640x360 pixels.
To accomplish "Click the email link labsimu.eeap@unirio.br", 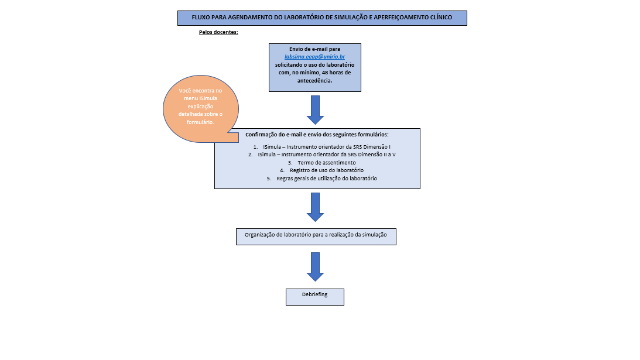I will [314, 57].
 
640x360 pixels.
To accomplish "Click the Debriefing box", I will [314, 294].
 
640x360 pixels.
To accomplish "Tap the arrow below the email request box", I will [315, 109].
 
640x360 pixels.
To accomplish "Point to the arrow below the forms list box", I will [315, 207].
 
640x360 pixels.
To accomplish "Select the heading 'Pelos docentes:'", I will [218, 33].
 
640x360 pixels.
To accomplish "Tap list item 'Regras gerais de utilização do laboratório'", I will [322, 178].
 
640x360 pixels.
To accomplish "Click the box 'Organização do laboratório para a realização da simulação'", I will [315, 235].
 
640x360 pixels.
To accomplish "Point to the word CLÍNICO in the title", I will [439, 18].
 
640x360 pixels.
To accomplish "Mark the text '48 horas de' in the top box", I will [336, 73].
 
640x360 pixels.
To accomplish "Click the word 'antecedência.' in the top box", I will [314, 81].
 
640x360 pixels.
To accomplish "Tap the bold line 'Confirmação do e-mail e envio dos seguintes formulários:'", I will [317, 135].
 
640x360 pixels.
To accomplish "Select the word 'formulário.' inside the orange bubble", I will [201, 123].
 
